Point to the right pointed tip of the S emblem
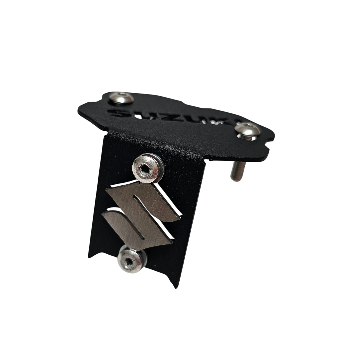click(180, 218)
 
